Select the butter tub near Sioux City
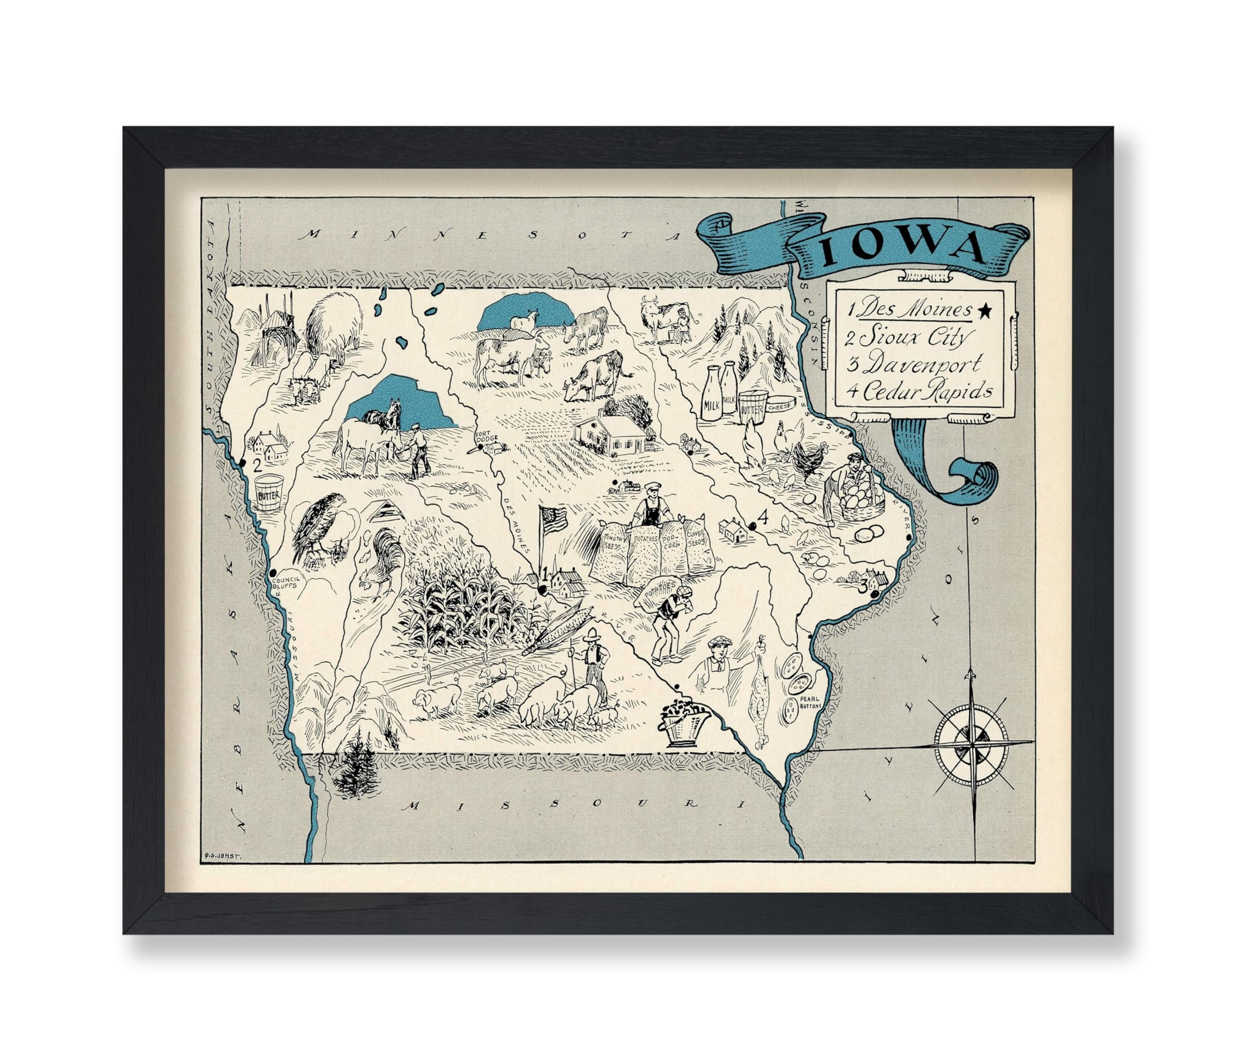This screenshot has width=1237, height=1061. click(x=269, y=492)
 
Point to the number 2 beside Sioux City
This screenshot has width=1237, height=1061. click(x=258, y=466)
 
